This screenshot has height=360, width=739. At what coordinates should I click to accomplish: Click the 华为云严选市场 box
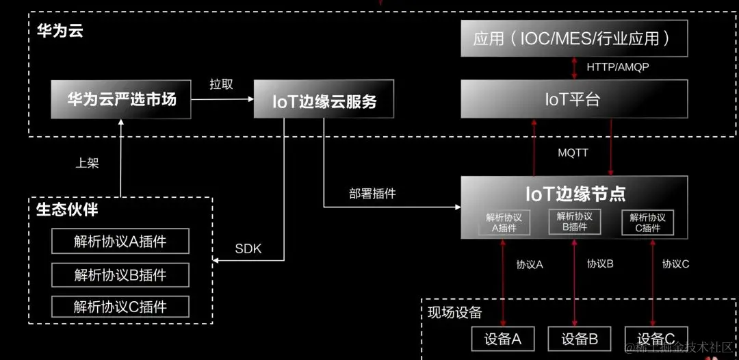coord(121,100)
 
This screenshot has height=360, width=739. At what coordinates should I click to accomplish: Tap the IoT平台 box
coord(574,99)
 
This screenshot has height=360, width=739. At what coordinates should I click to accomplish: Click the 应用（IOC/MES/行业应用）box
coord(574,39)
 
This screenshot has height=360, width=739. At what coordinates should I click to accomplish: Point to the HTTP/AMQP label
coord(618,67)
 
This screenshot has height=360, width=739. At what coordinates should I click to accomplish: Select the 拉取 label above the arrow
coord(221,84)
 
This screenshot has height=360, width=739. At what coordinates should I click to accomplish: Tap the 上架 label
coord(87,164)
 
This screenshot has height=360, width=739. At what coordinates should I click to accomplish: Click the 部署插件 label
coord(372,194)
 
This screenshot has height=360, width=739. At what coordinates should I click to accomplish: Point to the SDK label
coord(248,248)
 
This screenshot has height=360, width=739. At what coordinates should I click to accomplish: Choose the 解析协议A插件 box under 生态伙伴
coord(120,241)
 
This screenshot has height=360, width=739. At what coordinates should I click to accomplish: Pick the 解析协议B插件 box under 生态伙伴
coord(120,274)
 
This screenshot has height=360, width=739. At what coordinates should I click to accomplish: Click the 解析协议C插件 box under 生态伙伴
coord(120,306)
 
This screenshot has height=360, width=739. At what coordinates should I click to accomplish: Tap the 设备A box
coord(503,339)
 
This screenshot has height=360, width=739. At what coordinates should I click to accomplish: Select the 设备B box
coord(580,339)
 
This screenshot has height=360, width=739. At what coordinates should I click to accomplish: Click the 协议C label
coord(675,263)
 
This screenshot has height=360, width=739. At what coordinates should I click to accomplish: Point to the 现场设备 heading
coord(455,313)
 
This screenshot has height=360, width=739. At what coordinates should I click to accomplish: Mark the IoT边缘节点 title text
coord(575,194)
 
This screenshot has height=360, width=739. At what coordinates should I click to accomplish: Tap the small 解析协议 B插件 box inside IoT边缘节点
coord(574,221)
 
